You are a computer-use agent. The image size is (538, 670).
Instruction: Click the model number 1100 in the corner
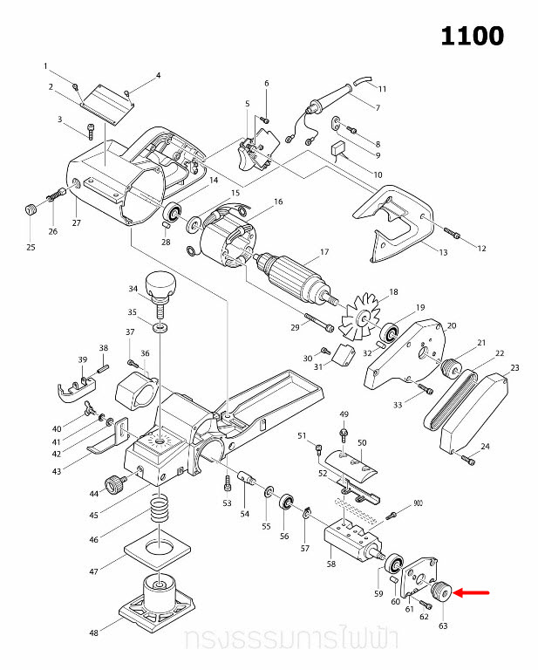(x=472, y=36)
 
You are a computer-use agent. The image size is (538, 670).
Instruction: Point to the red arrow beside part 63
(x=472, y=592)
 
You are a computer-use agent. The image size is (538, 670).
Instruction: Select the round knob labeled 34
(x=162, y=284)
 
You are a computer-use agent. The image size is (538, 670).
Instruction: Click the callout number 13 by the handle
(x=442, y=253)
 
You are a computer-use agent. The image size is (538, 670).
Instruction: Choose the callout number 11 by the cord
(x=381, y=89)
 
